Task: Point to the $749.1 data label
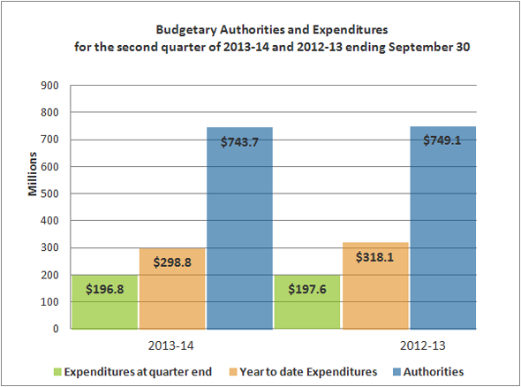coord(442,140)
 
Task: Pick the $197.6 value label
coord(308,288)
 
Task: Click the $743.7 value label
coord(239,142)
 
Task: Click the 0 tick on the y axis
coord(55,329)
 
